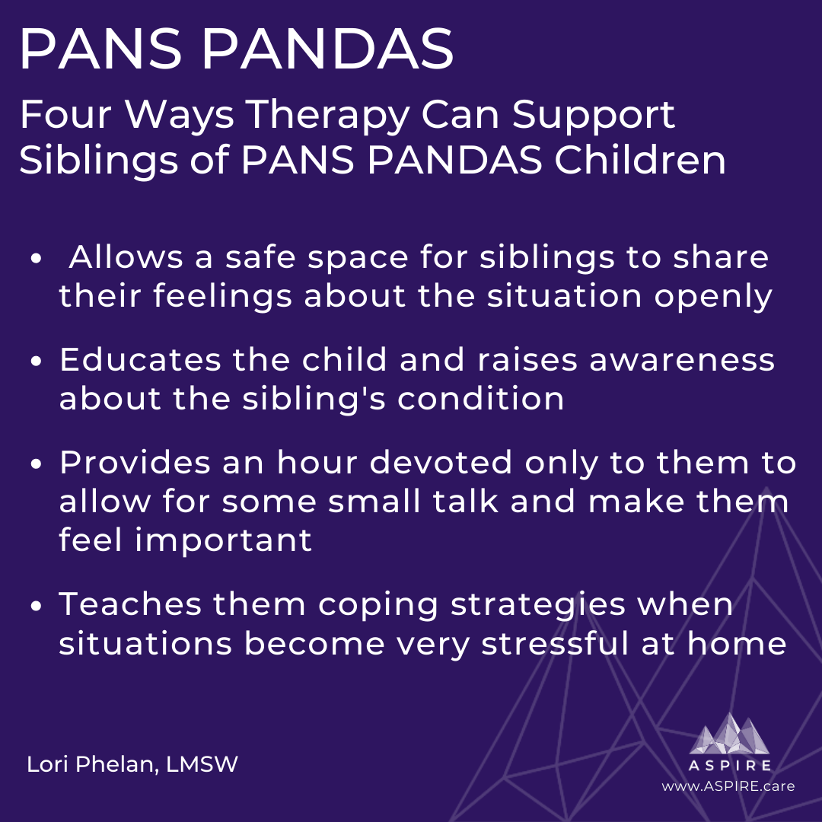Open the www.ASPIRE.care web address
[728, 785]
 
